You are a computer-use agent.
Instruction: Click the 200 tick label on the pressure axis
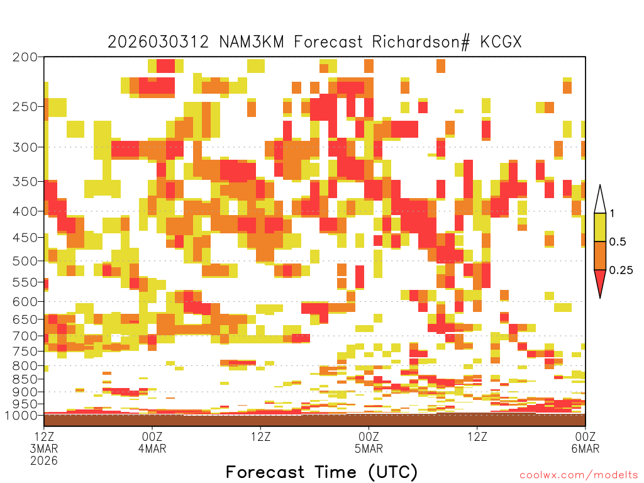(x=25, y=57)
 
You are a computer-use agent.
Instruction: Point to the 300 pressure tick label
(x=25, y=147)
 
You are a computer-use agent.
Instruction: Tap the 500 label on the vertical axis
(x=25, y=261)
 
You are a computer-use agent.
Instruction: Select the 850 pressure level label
(x=25, y=379)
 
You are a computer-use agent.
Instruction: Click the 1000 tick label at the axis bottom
(x=21, y=415)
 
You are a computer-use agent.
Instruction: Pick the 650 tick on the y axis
(x=25, y=319)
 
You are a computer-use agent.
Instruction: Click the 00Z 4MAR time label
(x=152, y=442)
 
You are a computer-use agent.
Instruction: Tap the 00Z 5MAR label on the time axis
(x=369, y=442)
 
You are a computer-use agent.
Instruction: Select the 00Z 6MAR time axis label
(x=586, y=442)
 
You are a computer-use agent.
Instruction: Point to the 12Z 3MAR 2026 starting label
(x=44, y=448)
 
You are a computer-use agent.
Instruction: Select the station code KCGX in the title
(x=501, y=42)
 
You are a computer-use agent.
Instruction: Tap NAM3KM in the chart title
(x=252, y=42)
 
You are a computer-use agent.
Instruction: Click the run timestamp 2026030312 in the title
(x=158, y=42)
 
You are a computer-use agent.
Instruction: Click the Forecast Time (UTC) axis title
(x=321, y=472)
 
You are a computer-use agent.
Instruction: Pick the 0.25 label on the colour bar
(x=621, y=270)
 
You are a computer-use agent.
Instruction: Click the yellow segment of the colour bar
(x=600, y=227)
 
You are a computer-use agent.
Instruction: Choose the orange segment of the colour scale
(x=600, y=255)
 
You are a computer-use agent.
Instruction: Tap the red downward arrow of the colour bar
(x=600, y=282)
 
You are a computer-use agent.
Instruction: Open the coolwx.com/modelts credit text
(x=579, y=475)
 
